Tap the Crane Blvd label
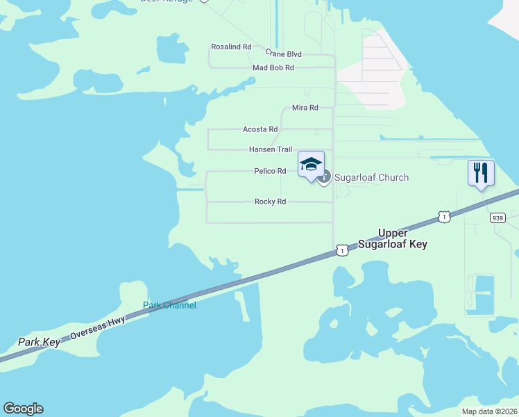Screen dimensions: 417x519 (x=284, y=54)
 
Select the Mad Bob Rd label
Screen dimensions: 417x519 (x=273, y=67)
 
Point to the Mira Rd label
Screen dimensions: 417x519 (x=305, y=108)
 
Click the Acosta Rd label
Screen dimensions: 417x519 (x=260, y=129)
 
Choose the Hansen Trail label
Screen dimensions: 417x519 (x=271, y=149)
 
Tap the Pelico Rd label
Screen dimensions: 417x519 (x=270, y=171)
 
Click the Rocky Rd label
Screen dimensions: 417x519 (x=270, y=202)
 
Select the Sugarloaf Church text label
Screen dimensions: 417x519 (x=371, y=177)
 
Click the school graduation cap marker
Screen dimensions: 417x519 (x=311, y=165)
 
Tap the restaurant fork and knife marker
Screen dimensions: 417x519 (x=481, y=172)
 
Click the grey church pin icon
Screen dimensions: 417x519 (x=324, y=177)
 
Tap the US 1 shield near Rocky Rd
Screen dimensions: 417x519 (x=341, y=250)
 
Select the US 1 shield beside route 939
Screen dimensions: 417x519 (x=445, y=217)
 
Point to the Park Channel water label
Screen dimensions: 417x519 (x=169, y=305)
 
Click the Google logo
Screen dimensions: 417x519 (x=23, y=409)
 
